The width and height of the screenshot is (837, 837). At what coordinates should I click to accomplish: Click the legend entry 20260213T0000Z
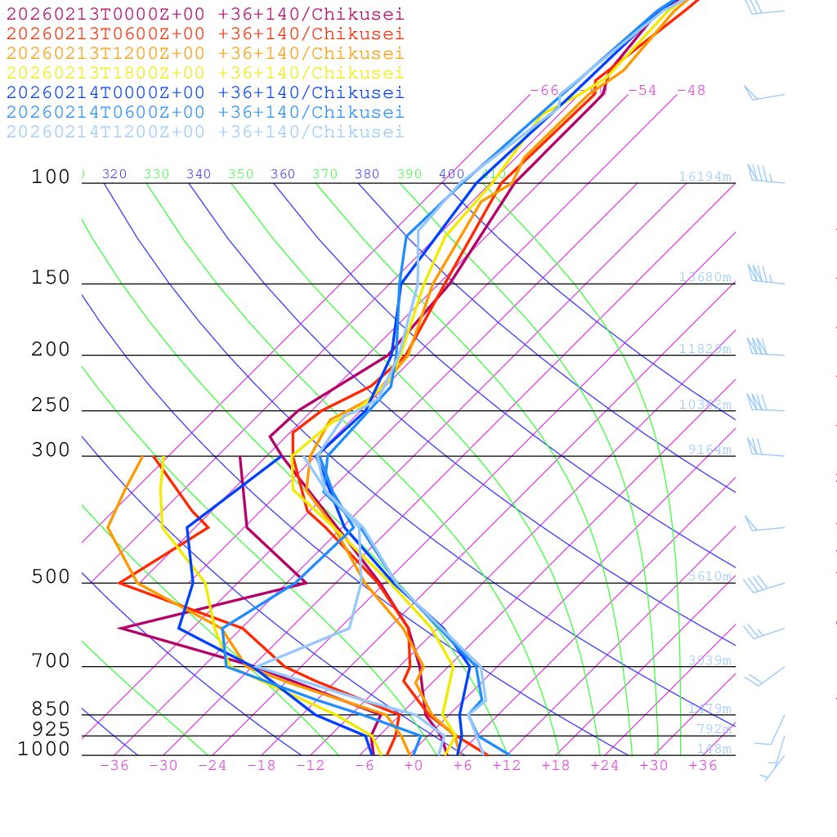pyautogui.click(x=205, y=15)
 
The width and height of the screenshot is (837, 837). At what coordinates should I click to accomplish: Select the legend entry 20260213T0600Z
pyautogui.click(x=205, y=34)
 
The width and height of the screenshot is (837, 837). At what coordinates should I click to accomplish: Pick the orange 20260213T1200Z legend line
pyautogui.click(x=205, y=54)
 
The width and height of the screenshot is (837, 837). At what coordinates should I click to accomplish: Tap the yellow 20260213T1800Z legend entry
pyautogui.click(x=205, y=74)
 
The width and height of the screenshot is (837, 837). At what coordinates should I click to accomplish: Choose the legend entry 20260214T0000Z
pyautogui.click(x=205, y=93)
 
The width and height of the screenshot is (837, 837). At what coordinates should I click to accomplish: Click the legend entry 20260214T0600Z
pyautogui.click(x=205, y=113)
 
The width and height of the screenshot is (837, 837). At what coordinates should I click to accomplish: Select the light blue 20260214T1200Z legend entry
pyautogui.click(x=205, y=132)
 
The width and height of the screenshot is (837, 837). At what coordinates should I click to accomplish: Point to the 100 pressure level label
pyautogui.click(x=51, y=177)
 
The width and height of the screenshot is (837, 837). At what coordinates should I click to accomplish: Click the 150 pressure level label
pyautogui.click(x=51, y=278)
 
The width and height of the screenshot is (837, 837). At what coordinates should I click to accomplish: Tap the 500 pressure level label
pyautogui.click(x=51, y=577)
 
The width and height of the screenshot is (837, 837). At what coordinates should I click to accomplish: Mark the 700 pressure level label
pyautogui.click(x=51, y=660)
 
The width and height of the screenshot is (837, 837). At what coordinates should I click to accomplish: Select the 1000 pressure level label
pyautogui.click(x=44, y=749)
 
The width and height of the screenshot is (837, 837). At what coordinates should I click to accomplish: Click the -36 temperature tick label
pyautogui.click(x=114, y=765)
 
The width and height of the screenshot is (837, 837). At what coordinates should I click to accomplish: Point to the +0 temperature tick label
pyautogui.click(x=414, y=765)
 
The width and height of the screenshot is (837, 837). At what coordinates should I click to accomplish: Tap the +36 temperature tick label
pyautogui.click(x=703, y=765)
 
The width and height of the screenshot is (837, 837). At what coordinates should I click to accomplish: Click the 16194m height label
pyautogui.click(x=705, y=177)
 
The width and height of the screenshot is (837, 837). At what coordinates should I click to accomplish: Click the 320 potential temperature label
pyautogui.click(x=114, y=174)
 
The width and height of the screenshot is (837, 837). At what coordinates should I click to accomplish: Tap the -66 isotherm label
pyautogui.click(x=544, y=90)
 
